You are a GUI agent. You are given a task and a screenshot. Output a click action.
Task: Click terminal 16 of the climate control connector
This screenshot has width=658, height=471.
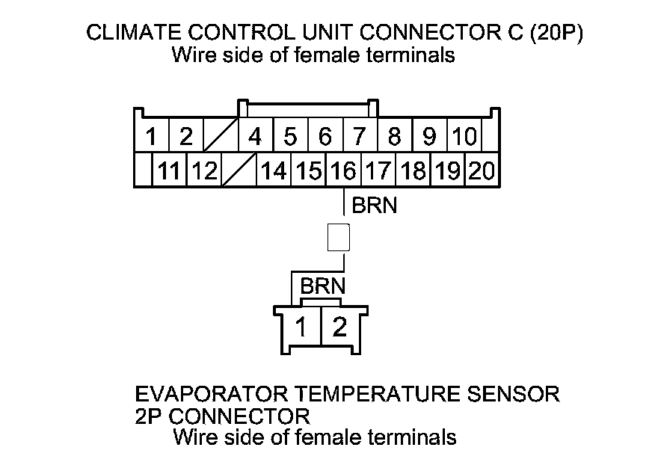343,171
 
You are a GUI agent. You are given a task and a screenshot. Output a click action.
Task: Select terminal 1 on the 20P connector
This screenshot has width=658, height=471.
151,137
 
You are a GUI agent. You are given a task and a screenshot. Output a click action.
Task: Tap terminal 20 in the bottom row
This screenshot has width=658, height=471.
482,171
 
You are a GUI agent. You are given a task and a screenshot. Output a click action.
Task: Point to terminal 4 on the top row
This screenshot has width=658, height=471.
255,137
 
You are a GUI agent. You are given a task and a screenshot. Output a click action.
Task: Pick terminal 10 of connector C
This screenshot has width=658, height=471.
464,137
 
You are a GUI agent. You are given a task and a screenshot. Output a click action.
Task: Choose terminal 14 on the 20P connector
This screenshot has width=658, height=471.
274,171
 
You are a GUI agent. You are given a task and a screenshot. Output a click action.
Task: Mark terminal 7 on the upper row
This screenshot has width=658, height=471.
360,137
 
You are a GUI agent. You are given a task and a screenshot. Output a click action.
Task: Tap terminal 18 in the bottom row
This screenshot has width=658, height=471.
413,171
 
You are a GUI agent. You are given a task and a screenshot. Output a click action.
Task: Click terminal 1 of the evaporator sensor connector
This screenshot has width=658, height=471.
302,327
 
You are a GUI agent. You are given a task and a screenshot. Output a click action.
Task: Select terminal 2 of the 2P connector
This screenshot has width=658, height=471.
339,327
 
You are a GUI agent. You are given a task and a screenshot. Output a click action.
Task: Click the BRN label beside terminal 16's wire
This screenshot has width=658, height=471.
374,205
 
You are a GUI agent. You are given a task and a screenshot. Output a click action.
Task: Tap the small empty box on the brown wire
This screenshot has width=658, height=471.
339,238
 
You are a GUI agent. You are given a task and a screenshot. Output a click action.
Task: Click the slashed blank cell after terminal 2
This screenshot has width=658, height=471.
221,137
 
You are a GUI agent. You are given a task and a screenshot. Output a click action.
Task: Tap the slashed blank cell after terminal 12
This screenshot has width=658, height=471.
239,171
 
